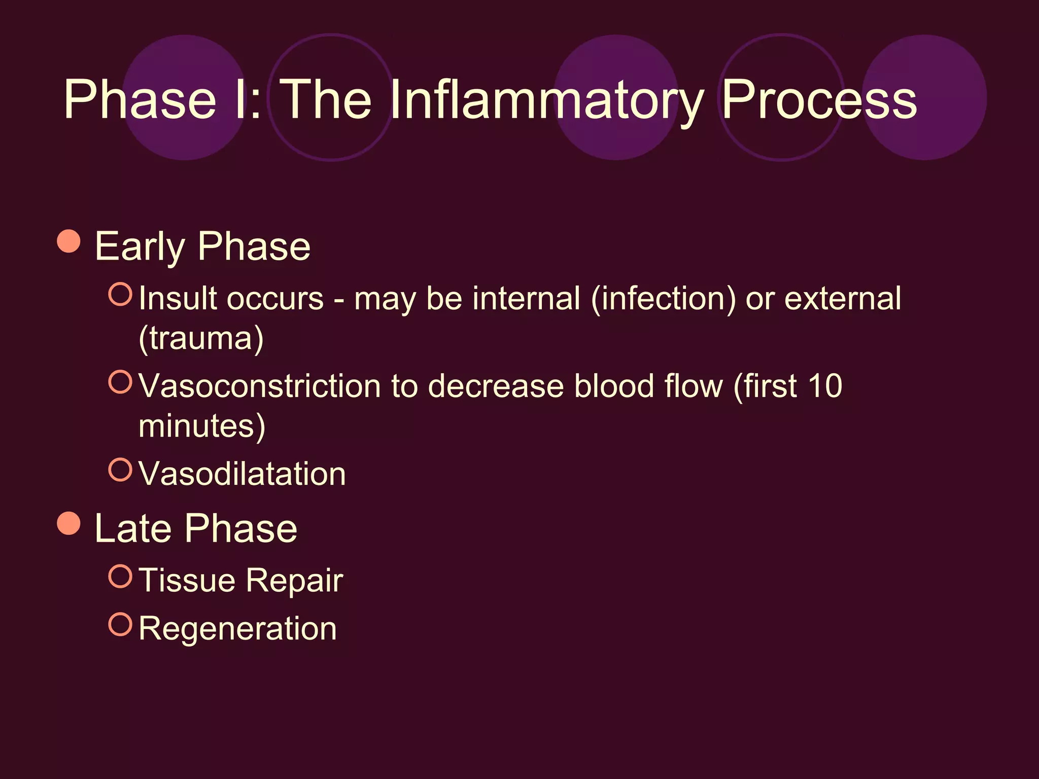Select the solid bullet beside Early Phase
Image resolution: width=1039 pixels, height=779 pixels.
click(69, 241)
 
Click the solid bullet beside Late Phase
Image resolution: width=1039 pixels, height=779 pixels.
click(69, 523)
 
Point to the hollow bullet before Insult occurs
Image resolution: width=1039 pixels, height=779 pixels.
click(120, 294)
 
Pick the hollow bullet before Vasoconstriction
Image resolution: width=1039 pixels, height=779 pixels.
click(120, 382)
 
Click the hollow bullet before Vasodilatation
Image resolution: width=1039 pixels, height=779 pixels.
click(120, 470)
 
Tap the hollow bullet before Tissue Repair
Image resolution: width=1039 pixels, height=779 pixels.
click(120, 577)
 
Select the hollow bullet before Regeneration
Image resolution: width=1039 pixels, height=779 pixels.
click(120, 625)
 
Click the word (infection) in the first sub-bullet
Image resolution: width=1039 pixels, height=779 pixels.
click(663, 298)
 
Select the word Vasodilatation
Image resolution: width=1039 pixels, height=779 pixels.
click(242, 474)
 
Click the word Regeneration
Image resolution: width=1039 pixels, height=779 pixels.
click(237, 629)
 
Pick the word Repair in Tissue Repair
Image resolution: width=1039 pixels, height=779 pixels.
click(295, 580)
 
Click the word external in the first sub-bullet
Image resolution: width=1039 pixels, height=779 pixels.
click(843, 298)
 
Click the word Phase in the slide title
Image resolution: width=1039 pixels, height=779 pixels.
click(140, 99)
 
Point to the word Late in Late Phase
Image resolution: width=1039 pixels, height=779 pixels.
click(133, 528)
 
